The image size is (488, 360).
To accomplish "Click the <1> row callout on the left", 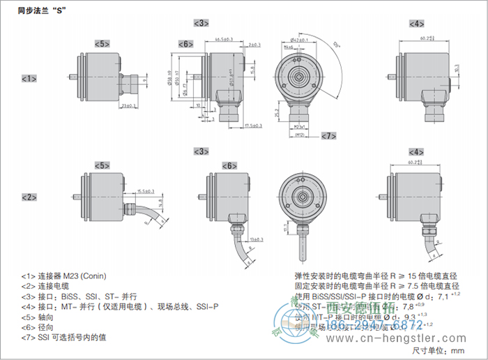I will [x=29, y=79].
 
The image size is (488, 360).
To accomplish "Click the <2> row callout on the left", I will [x=29, y=197].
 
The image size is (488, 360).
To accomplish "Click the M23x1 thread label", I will [x=300, y=127].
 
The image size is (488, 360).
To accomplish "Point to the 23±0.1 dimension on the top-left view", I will [x=128, y=106].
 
